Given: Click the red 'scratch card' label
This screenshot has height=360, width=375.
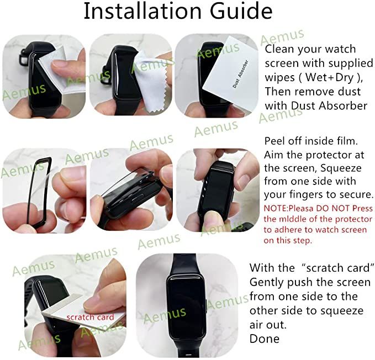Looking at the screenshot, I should [90, 317].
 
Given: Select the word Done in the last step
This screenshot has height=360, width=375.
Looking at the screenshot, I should [265, 338].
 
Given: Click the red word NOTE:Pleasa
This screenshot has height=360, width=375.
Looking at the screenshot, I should [291, 209].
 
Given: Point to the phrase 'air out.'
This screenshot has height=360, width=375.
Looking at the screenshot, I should [268, 325].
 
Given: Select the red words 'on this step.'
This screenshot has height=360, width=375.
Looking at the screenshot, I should [288, 240].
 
